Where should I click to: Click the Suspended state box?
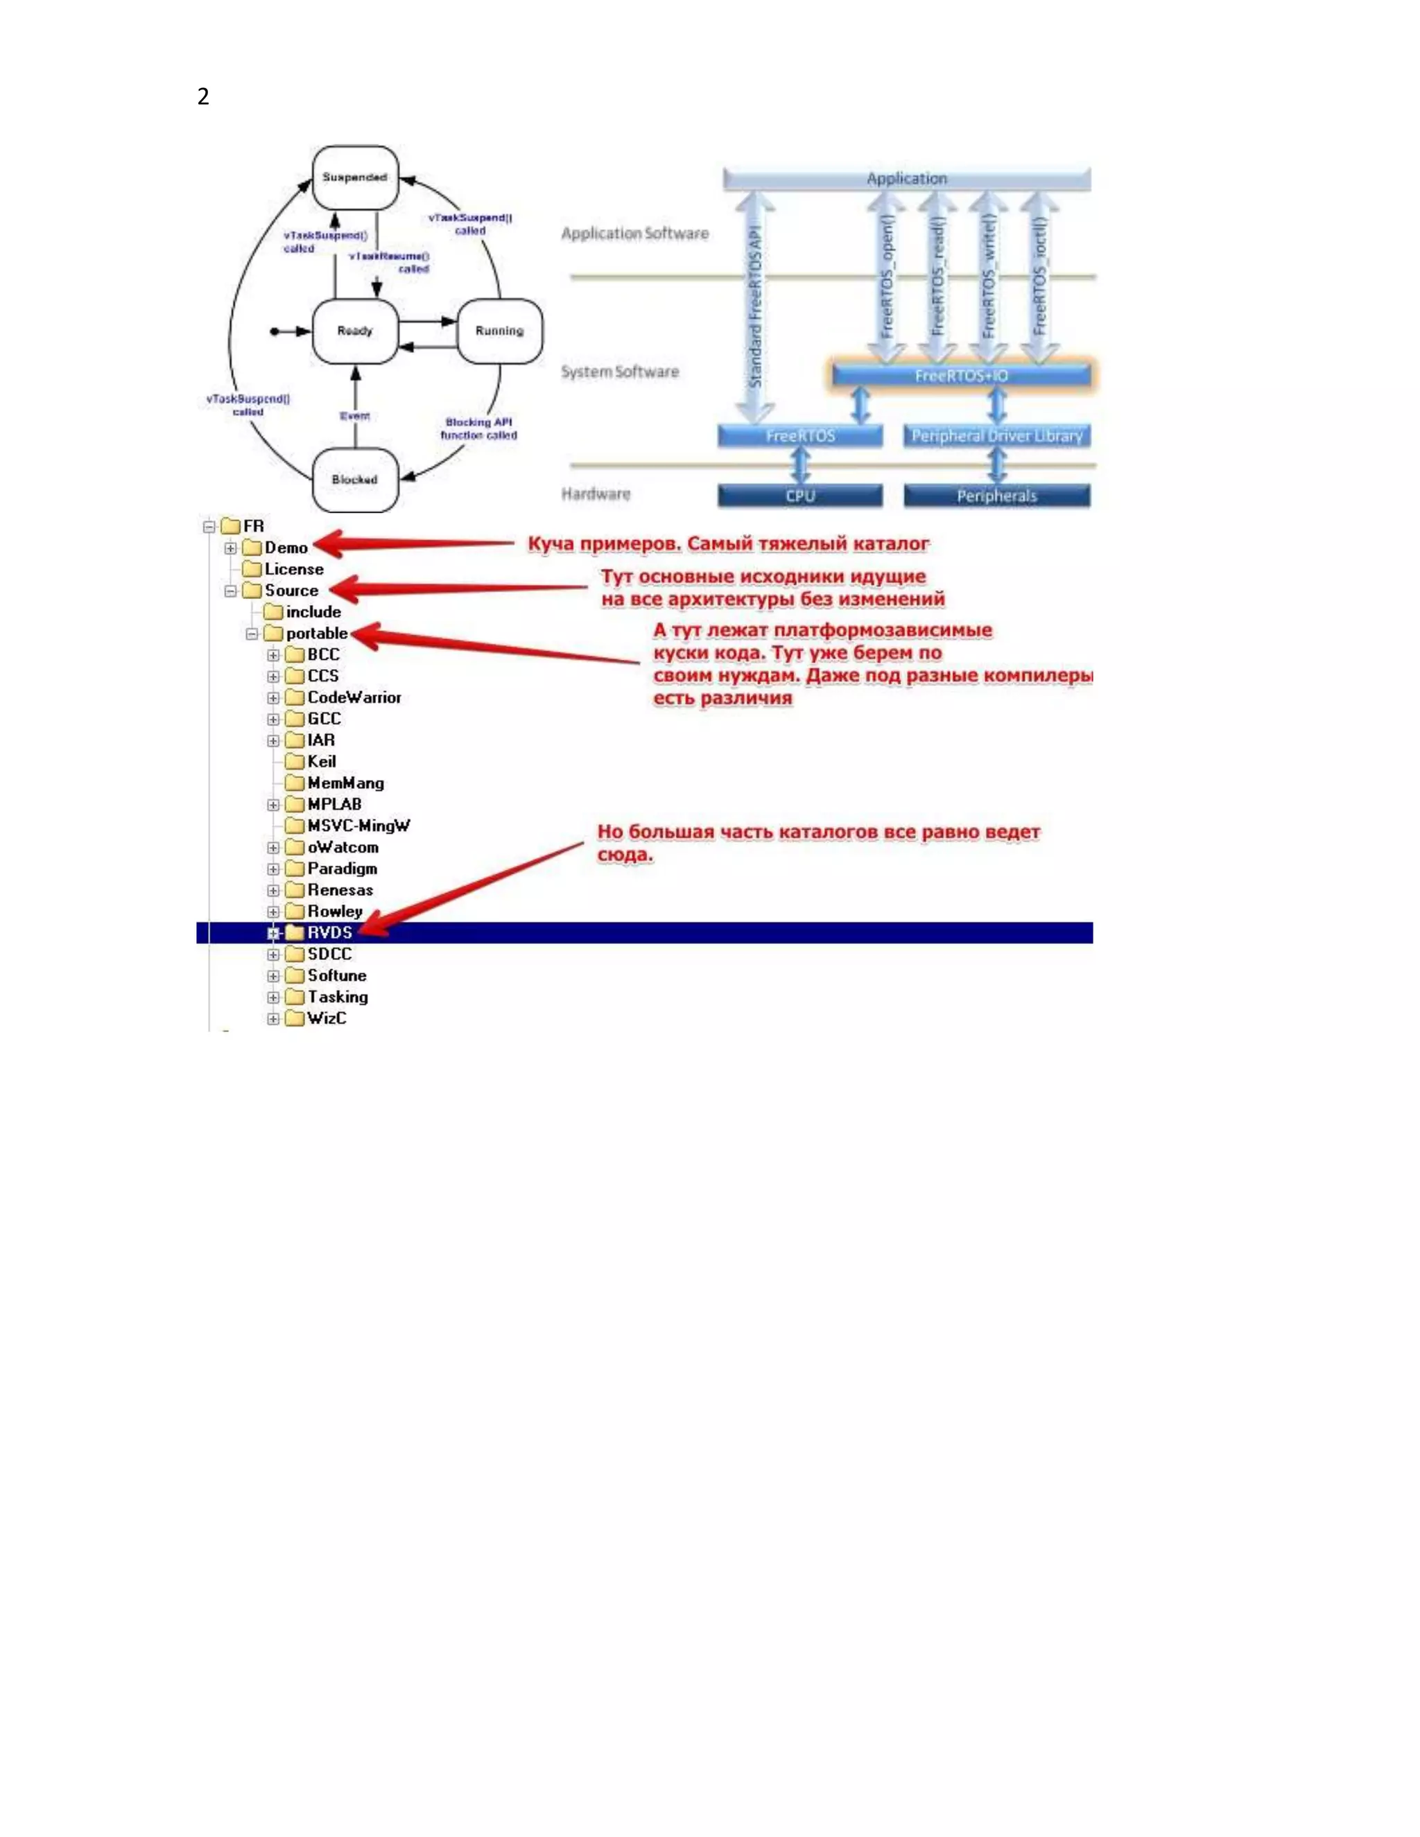pos(355,177)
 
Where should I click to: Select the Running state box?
pos(500,331)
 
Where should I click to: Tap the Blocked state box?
pos(355,480)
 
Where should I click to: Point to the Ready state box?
pos(355,331)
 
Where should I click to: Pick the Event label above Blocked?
pos(355,415)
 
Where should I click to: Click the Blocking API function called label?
pos(478,429)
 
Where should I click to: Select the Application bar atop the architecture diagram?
pos(907,178)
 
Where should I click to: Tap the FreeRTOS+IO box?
pos(962,375)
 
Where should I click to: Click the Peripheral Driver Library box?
pos(997,436)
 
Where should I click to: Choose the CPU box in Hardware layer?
pos(800,496)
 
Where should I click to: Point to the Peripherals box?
pos(997,496)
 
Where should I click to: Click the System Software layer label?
pos(620,372)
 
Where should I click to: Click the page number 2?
pos(202,97)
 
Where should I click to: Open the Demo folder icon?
pos(252,548)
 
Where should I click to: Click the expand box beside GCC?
pos(273,719)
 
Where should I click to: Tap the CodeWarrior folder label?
pos(354,697)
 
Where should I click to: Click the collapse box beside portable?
pos(252,634)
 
